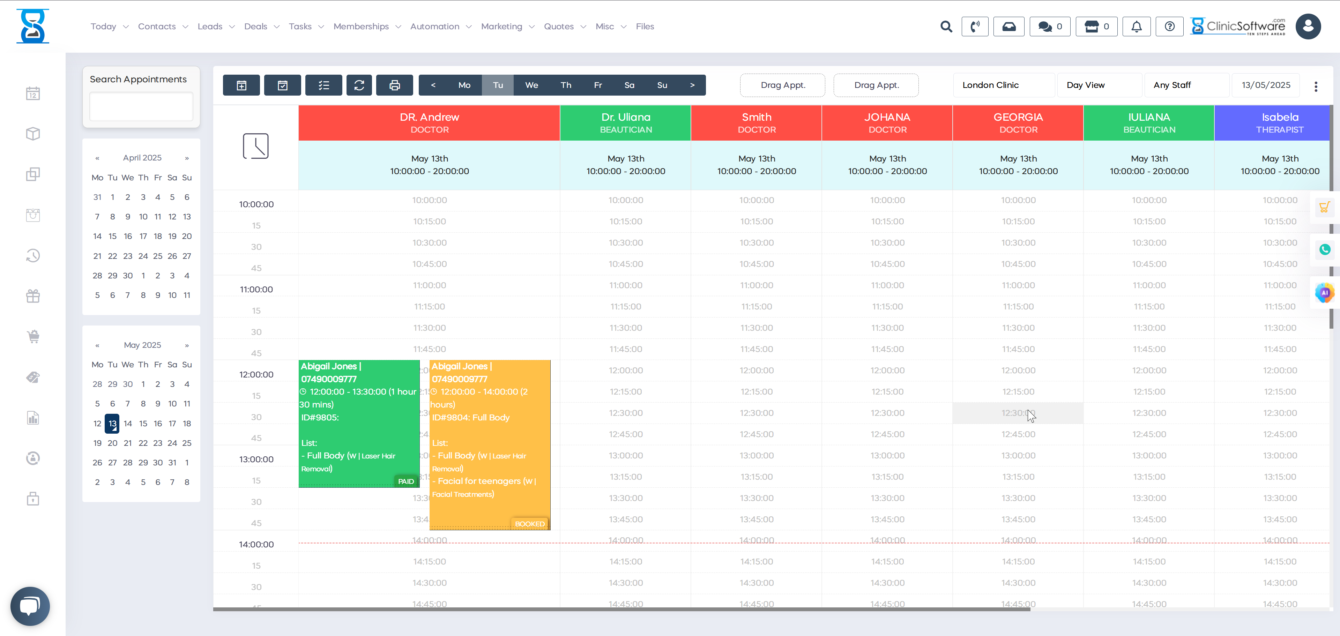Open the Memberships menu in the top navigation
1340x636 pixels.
click(x=361, y=27)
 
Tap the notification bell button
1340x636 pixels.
click(x=1137, y=27)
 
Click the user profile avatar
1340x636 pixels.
click(x=1308, y=27)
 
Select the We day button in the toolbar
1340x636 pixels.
click(x=531, y=85)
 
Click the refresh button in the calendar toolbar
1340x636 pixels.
click(x=359, y=85)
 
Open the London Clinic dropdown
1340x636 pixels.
click(x=1004, y=85)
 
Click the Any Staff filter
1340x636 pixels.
click(x=1186, y=85)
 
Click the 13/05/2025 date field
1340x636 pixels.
click(x=1266, y=85)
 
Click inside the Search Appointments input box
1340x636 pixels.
click(x=141, y=107)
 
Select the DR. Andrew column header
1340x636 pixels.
click(x=429, y=123)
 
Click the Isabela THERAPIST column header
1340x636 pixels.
click(x=1279, y=123)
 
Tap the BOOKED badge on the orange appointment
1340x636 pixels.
click(x=530, y=524)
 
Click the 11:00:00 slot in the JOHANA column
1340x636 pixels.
click(x=887, y=285)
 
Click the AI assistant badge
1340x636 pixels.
click(x=1324, y=293)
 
